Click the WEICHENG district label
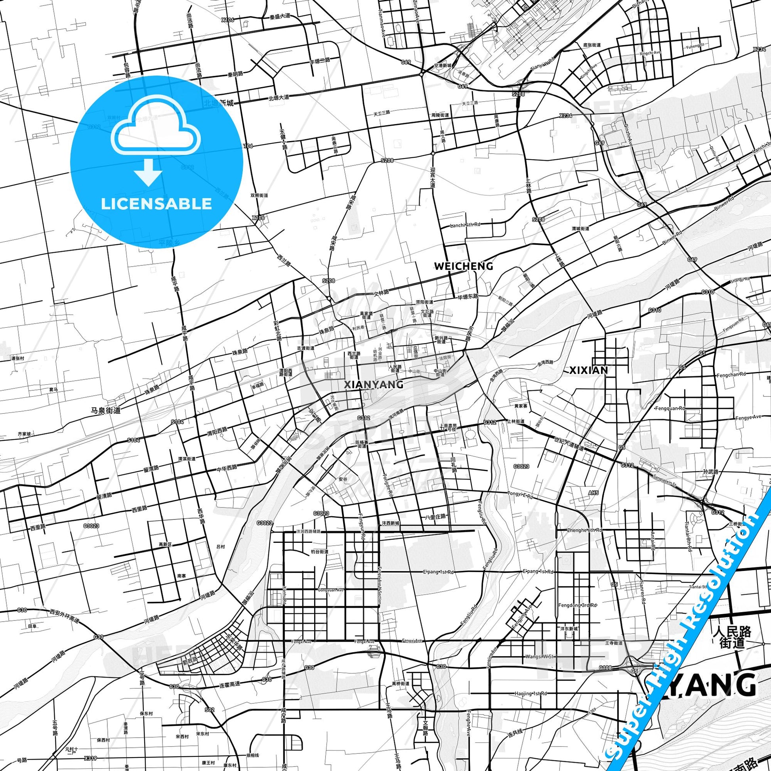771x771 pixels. pyautogui.click(x=463, y=266)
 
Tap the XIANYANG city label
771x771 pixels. pyautogui.click(x=374, y=384)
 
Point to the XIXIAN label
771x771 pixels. pyautogui.click(x=588, y=370)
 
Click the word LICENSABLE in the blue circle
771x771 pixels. pyautogui.click(x=156, y=204)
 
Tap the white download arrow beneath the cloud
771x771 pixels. pyautogui.click(x=148, y=172)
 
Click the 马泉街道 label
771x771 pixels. pyautogui.click(x=106, y=409)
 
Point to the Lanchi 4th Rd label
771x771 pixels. pyautogui.click(x=465, y=225)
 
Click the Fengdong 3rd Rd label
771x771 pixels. pyautogui.click(x=577, y=605)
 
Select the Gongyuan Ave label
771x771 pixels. pyautogui.click(x=331, y=590)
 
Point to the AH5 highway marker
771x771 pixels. pyautogui.click(x=594, y=493)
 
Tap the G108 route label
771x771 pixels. pyautogui.click(x=605, y=668)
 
